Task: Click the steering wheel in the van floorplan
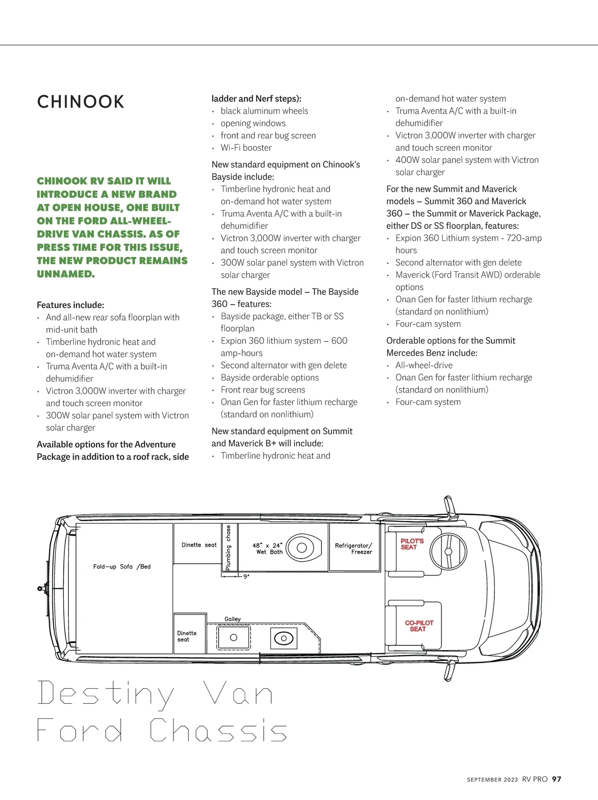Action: point(448,551)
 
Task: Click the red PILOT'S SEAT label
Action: point(412,544)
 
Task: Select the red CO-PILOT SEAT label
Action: point(419,626)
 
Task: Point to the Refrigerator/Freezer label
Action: point(353,549)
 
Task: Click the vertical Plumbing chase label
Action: point(228,548)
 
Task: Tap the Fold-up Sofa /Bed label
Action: point(122,567)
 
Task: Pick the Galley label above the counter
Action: point(232,619)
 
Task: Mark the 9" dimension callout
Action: point(246,577)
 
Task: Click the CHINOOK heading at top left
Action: point(80,102)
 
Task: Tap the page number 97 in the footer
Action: point(557,779)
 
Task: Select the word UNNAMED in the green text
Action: point(65,274)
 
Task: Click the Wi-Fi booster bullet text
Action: point(246,148)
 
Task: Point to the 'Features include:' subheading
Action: point(70,305)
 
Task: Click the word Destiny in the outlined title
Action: point(106,694)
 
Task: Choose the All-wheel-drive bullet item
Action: point(424,365)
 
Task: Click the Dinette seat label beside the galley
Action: point(186,636)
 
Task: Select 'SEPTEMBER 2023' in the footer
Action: point(492,780)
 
